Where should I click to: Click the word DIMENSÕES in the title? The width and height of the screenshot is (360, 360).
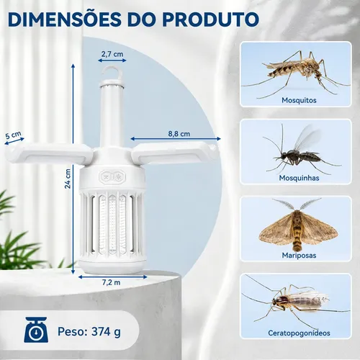click(x=64, y=19)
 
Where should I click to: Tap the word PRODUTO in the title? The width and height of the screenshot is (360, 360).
click(x=210, y=19)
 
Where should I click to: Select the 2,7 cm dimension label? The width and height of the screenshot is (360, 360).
click(x=112, y=54)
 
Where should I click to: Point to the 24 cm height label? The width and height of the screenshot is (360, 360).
click(x=68, y=179)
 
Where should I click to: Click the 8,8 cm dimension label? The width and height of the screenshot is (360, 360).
click(x=179, y=134)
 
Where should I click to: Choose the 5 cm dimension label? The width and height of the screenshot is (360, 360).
click(x=13, y=135)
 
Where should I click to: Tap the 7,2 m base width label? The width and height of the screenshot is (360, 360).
click(x=112, y=282)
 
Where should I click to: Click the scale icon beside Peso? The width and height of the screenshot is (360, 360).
click(x=36, y=330)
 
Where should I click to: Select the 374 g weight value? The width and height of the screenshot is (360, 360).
click(x=106, y=332)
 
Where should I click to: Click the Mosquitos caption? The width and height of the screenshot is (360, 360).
click(x=299, y=100)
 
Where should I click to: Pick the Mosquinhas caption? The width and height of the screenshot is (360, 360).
click(x=299, y=178)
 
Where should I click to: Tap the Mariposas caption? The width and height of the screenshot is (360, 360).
click(x=299, y=256)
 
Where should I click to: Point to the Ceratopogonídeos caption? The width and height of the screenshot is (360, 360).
click(x=299, y=333)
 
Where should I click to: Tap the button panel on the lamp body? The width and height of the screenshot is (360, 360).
click(x=112, y=177)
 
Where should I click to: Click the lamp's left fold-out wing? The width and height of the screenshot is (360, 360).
click(x=49, y=153)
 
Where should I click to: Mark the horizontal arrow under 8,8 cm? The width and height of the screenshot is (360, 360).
click(x=176, y=139)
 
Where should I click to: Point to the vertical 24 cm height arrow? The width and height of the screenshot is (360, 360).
click(x=73, y=169)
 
